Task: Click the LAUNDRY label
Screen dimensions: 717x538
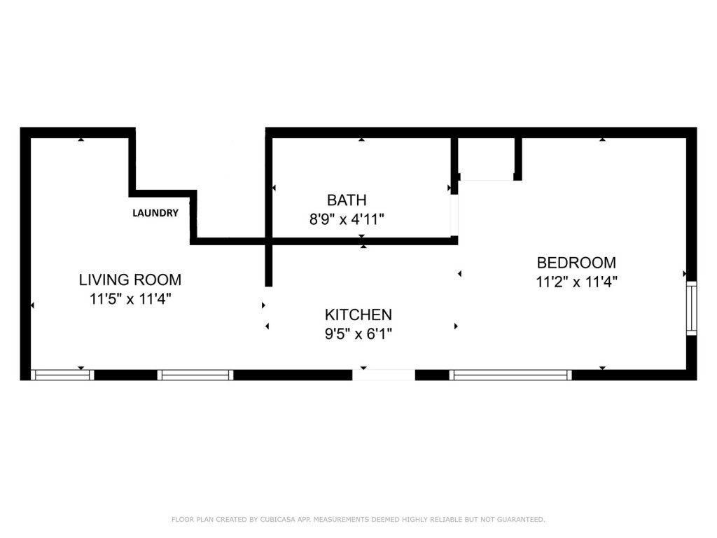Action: pos(155,213)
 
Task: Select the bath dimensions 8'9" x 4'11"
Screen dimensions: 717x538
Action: pos(347,219)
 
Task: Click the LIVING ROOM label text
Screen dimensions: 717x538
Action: pos(130,280)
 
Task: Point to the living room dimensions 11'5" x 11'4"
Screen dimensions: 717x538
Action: pos(130,299)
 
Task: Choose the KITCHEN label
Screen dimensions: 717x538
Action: pos(358,315)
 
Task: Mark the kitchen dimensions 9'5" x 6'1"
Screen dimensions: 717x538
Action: pos(358,334)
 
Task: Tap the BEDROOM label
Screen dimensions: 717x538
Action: pos(577,263)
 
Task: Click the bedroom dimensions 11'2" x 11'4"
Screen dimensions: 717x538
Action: pos(577,282)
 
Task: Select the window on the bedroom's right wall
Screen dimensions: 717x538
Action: pos(692,308)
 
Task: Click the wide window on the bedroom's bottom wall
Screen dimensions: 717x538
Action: pos(510,375)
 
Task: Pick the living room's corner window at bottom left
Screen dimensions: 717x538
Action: pos(62,375)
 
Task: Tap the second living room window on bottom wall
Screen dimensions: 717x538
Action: pos(195,375)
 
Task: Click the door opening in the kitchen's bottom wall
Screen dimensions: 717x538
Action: pos(384,375)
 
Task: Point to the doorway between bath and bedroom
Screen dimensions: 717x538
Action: pos(454,215)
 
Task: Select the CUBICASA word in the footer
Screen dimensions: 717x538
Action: pos(278,519)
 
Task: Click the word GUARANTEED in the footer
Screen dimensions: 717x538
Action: pos(521,519)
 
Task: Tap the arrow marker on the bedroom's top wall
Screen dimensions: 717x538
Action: pos(603,139)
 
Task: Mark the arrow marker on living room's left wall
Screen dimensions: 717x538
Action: pos(32,305)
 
